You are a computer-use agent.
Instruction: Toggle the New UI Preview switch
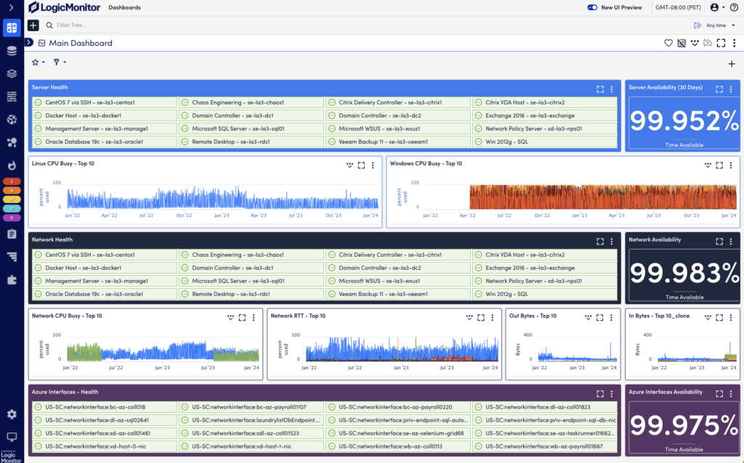(592, 7)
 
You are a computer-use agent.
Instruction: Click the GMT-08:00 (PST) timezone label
(677, 7)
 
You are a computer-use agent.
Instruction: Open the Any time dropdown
(716, 25)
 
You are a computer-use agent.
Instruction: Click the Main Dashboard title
(81, 43)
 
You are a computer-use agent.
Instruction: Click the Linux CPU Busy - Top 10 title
(63, 163)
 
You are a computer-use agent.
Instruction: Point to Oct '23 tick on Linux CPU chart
(333, 215)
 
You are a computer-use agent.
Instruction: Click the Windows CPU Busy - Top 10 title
(426, 163)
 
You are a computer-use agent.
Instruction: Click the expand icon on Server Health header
(600, 89)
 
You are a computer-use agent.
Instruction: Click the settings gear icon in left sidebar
(12, 414)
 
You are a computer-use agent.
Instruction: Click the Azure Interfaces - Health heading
(65, 392)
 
